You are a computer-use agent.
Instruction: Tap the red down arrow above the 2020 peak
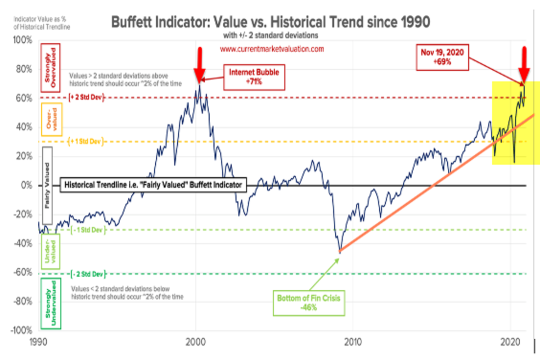click(523, 64)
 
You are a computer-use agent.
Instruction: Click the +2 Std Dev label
click(86, 98)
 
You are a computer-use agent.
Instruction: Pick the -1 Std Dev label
click(88, 230)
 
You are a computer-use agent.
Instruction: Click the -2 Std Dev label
click(88, 274)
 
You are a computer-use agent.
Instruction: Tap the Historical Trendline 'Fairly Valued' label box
click(153, 185)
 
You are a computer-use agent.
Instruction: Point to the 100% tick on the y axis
click(24, 40)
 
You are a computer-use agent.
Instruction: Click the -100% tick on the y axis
click(22, 330)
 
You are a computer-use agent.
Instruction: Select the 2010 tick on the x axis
click(353, 342)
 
